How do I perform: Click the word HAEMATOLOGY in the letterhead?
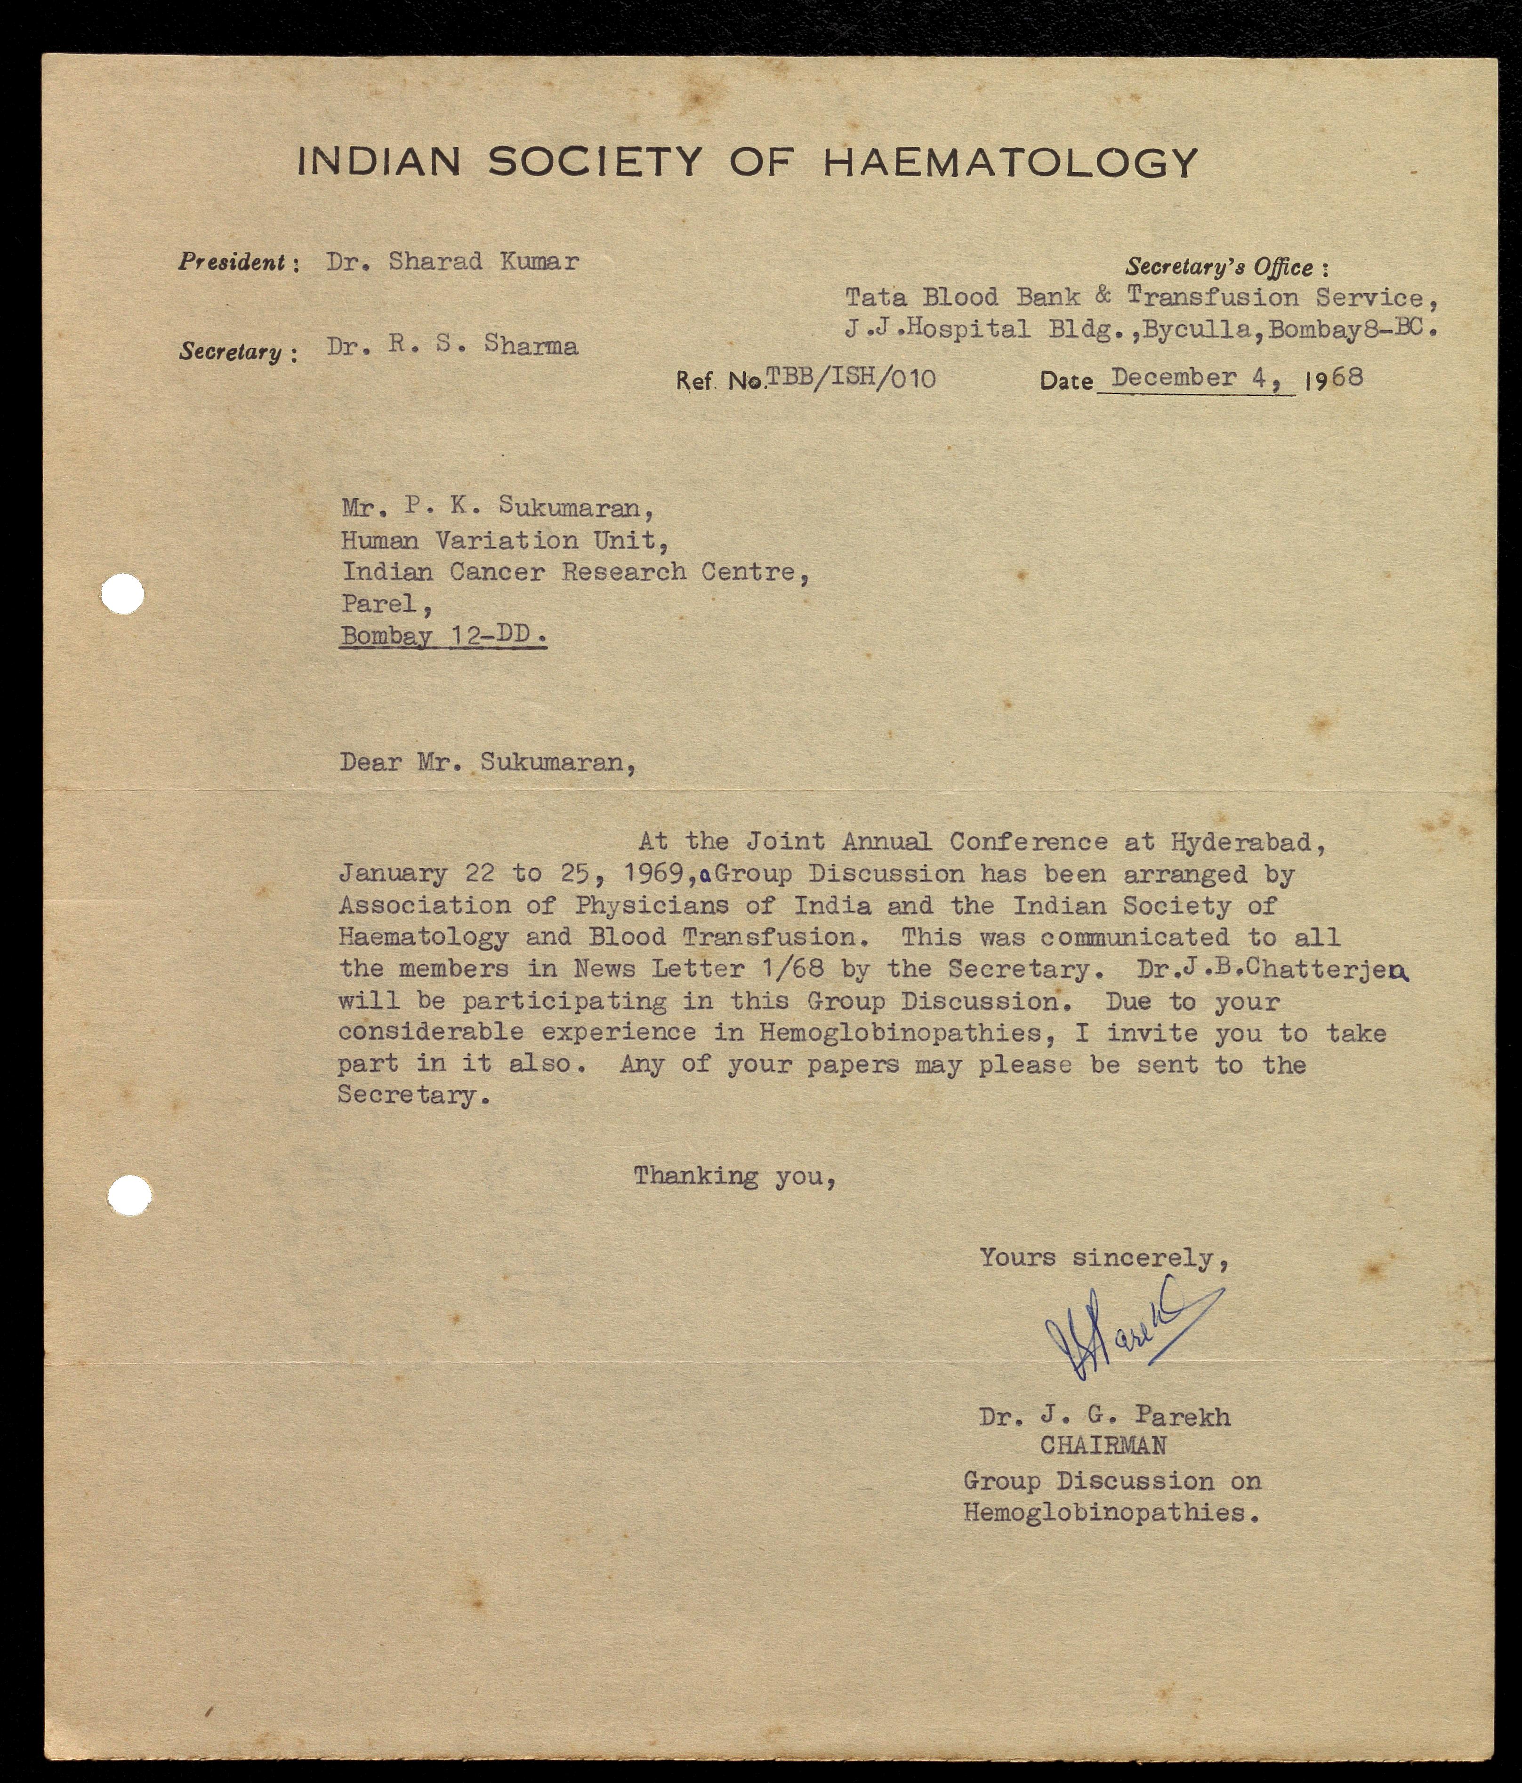(x=1010, y=162)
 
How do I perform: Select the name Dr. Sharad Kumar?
(x=452, y=262)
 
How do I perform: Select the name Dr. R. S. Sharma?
(x=452, y=346)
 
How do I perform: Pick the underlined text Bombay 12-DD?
(x=443, y=636)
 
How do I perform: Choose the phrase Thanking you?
(x=734, y=1176)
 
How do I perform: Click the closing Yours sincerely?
(x=1103, y=1258)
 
